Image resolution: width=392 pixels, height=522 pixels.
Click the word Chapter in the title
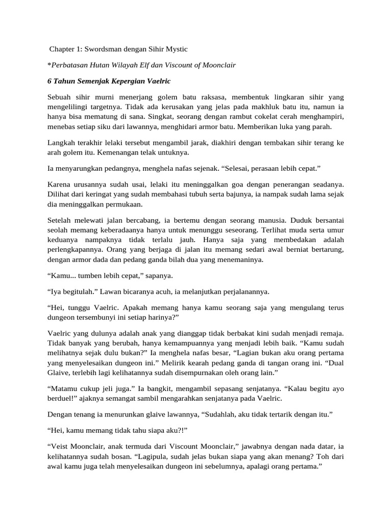pyautogui.click(x=62, y=49)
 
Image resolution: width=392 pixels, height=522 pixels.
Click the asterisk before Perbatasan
pyautogui.click(x=48, y=65)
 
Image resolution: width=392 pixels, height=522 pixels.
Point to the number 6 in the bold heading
pyautogui.click(x=48, y=82)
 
